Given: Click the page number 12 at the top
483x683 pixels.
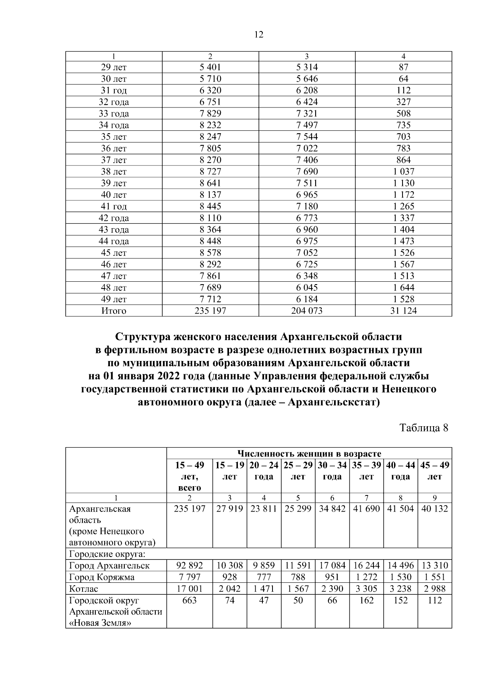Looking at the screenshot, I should [x=259, y=35].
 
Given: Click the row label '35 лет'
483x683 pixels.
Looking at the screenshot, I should [x=114, y=137].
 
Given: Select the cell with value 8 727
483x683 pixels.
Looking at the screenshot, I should [x=210, y=171].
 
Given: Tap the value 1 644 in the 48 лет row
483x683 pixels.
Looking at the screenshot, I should [x=403, y=287].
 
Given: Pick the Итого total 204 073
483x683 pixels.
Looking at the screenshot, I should [x=307, y=311].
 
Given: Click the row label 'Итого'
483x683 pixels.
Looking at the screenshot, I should [x=114, y=311].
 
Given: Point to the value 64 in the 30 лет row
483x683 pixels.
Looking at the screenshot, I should [x=403, y=79].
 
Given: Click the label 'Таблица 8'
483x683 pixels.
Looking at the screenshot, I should [x=423, y=427].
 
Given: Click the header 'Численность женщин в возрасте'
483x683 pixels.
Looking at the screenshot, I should [x=309, y=454].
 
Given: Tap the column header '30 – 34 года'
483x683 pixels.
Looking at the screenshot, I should [x=332, y=471].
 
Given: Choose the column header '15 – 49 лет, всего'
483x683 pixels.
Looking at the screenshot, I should [x=190, y=476].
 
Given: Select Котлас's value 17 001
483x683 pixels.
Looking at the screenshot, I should [x=190, y=589].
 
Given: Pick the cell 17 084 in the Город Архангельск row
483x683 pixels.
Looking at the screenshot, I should [x=332, y=565].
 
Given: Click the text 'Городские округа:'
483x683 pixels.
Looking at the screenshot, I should [x=107, y=554].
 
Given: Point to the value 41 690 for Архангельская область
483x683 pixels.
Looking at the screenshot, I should [x=366, y=509].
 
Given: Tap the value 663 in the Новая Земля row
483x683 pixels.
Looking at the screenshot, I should [x=190, y=600].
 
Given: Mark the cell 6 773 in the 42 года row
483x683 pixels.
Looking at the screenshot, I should [x=307, y=218].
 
